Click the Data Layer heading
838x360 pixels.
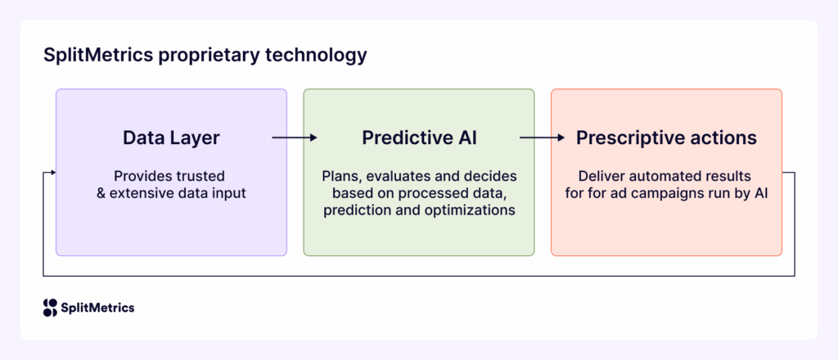tap(171, 138)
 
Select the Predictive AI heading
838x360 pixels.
tap(419, 138)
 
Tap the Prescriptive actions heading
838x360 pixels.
tap(666, 138)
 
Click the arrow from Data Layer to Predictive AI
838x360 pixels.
tap(295, 138)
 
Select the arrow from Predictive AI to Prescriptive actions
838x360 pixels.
tap(543, 138)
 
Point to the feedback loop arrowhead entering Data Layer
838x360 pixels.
tap(52, 173)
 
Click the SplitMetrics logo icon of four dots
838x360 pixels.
tap(50, 308)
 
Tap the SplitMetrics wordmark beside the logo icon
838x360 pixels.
tap(98, 308)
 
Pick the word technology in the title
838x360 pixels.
tap(317, 56)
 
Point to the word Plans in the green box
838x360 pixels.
tap(338, 176)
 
